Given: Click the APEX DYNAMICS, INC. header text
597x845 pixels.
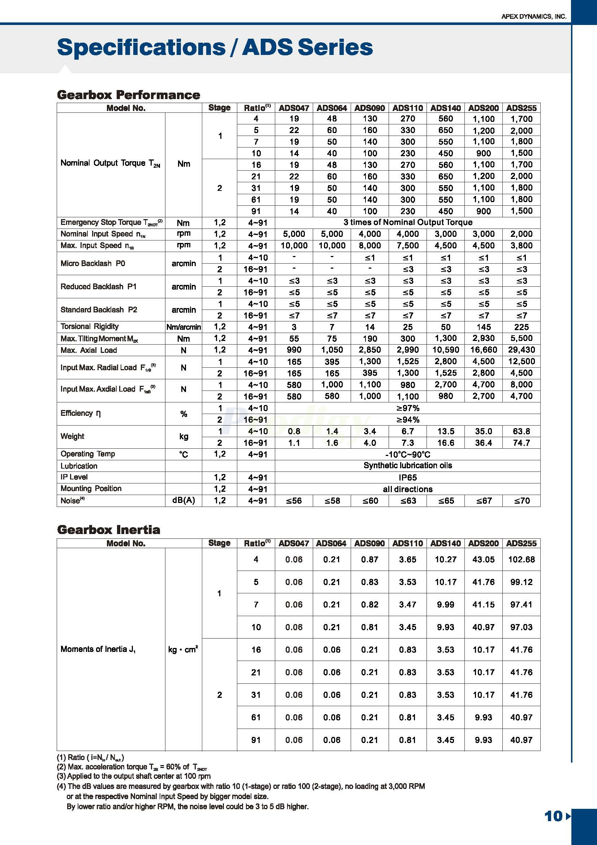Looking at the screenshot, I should tap(533, 17).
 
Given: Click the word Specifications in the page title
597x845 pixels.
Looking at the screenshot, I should tap(142, 47).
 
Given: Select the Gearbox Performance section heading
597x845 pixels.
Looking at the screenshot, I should tap(128, 95).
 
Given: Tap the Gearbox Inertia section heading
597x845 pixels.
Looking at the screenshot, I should tap(108, 530).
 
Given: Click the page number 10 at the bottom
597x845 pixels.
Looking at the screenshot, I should tap(554, 816).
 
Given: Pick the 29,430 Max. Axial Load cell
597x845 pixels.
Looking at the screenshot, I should tap(521, 350).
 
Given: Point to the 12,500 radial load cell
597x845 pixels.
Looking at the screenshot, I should tap(521, 362).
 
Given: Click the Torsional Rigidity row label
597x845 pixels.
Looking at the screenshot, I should tap(90, 327).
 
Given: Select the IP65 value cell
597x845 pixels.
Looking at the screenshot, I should tap(408, 477).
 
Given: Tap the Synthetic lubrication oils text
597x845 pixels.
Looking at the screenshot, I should tap(408, 466).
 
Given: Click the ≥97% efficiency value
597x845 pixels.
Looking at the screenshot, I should tap(408, 408).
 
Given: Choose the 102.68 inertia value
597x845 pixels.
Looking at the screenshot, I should tap(521, 559).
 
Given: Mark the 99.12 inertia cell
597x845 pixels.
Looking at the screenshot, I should tap(521, 582).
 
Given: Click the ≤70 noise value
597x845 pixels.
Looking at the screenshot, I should tap(522, 500).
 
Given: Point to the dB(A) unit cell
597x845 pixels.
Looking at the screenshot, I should tap(183, 500).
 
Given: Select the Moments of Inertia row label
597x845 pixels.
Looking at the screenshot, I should tap(98, 649).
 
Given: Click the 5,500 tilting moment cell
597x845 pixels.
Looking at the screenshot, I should tap(521, 338).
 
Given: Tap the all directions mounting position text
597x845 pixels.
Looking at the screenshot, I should tap(408, 489).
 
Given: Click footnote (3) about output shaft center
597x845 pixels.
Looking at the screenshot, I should tap(134, 776).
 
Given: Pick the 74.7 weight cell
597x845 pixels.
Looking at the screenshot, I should tap(521, 443).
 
